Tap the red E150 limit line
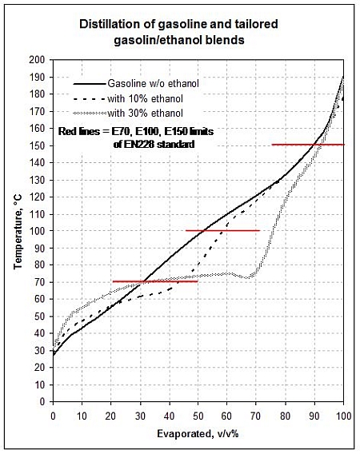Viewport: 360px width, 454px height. (308, 145)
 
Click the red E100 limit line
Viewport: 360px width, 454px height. (222, 230)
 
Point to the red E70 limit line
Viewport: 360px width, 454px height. (155, 281)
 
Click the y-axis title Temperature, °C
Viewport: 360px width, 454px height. (18, 233)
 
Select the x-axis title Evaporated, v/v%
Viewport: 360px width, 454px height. (198, 433)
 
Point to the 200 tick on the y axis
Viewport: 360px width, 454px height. (37, 60)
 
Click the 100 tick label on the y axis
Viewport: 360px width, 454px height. (37, 231)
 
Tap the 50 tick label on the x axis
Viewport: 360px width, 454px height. (198, 416)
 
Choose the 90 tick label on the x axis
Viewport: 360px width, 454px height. (314, 416)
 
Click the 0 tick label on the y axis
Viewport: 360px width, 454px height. (42, 402)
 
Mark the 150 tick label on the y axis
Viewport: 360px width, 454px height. (37, 145)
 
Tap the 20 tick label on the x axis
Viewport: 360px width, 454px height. (110, 416)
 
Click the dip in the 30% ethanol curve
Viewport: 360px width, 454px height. (246, 278)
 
